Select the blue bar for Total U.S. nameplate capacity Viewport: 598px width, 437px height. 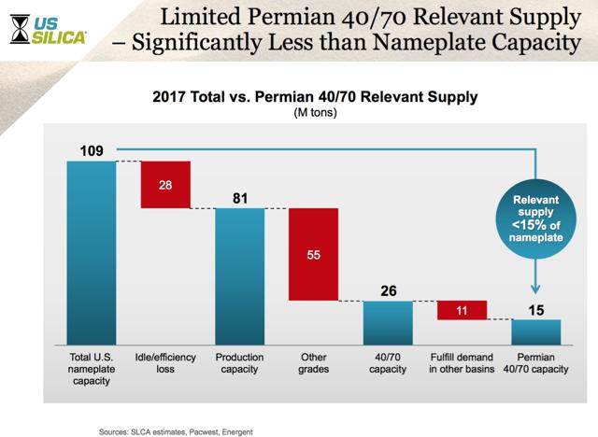click(x=92, y=252)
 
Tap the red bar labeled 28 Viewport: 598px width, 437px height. click(x=165, y=185)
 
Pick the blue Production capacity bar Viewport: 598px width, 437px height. click(x=240, y=275)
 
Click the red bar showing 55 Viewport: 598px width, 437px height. click(x=313, y=254)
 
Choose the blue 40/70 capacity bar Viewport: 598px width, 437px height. click(x=387, y=322)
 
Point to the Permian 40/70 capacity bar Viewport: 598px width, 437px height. click(x=535, y=331)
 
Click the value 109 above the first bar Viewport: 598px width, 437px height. click(x=92, y=151)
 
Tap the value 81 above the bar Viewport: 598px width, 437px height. click(x=240, y=198)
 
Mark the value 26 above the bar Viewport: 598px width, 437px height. click(x=387, y=290)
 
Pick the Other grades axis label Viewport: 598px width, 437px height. click(x=313, y=363)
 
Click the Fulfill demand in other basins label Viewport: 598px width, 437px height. click(x=462, y=363)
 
